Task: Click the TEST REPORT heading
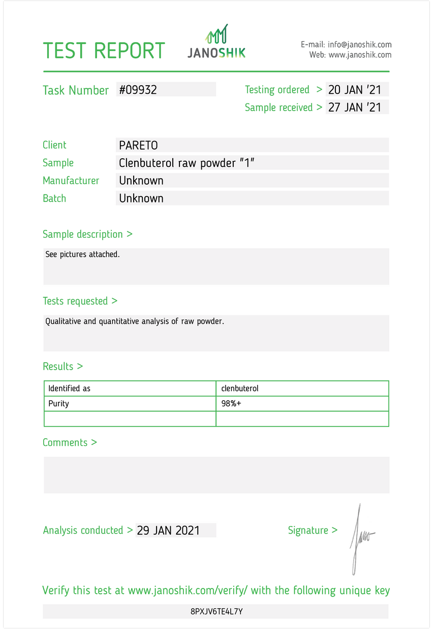point(104,51)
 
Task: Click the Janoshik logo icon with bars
point(216,34)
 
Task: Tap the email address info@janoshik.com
point(359,45)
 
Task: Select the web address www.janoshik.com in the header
point(360,55)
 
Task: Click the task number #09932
point(138,90)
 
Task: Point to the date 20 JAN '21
point(355,90)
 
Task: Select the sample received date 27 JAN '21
point(355,107)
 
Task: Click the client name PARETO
point(138,145)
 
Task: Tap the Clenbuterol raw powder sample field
point(186,163)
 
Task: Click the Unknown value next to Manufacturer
point(141,181)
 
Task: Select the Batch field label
point(54,198)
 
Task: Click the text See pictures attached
point(83,254)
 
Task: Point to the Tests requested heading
point(80,301)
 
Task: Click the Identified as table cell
point(70,389)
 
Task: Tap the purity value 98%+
point(231,404)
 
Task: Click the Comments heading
point(70,442)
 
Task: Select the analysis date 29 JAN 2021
point(168,531)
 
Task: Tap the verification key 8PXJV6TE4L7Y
point(216,611)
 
